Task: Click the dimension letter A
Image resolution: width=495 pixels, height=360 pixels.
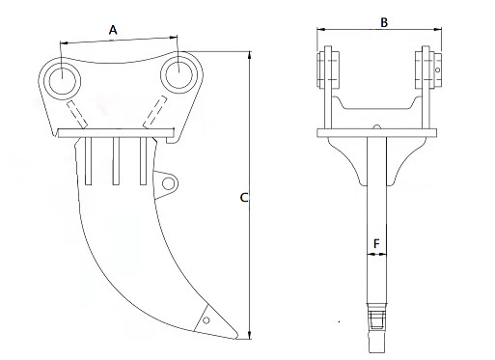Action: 113,30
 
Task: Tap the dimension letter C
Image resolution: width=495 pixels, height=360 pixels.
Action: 244,198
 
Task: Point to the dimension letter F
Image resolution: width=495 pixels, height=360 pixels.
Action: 374,244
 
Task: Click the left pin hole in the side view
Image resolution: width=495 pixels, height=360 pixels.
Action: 62,78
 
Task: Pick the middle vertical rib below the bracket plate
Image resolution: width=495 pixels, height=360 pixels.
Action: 116,159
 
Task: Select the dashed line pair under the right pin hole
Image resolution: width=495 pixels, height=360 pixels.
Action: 153,112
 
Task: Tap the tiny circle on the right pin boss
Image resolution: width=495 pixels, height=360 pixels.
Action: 437,69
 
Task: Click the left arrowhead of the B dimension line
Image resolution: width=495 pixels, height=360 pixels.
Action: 320,33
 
